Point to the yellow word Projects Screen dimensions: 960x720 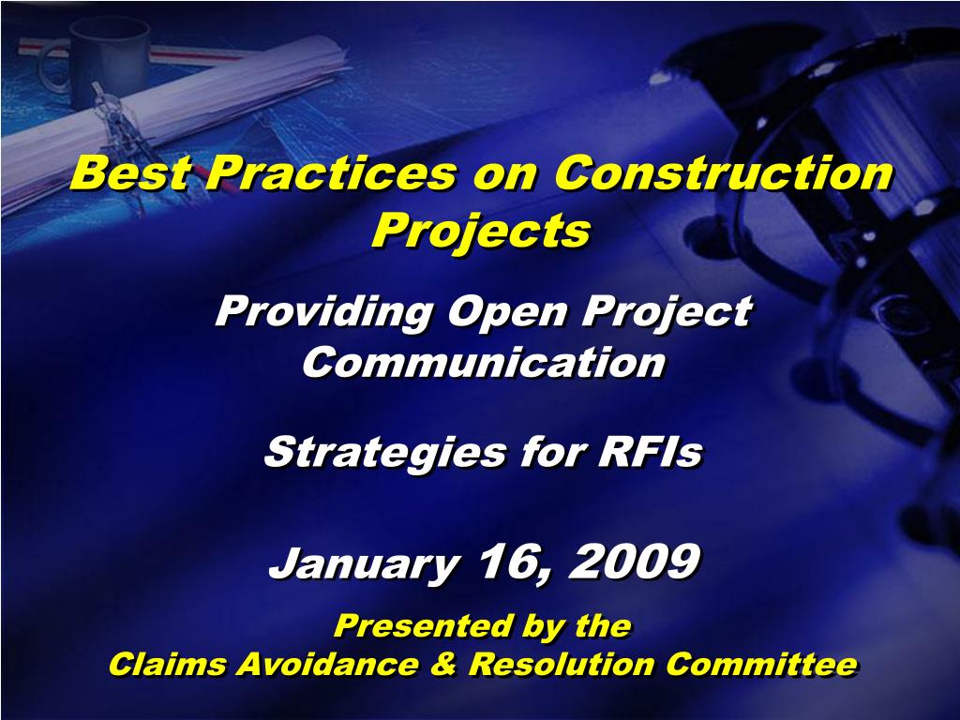tap(482, 232)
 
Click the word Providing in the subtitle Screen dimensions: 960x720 tap(325, 312)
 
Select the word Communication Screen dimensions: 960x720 tap(485, 362)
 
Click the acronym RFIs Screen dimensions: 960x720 tap(651, 452)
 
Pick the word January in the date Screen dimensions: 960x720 tap(365, 563)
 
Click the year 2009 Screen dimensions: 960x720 tap(634, 561)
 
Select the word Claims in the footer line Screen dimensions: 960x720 tap(167, 665)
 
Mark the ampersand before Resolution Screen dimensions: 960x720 tap(442, 665)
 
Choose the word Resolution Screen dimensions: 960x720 tap(562, 665)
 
